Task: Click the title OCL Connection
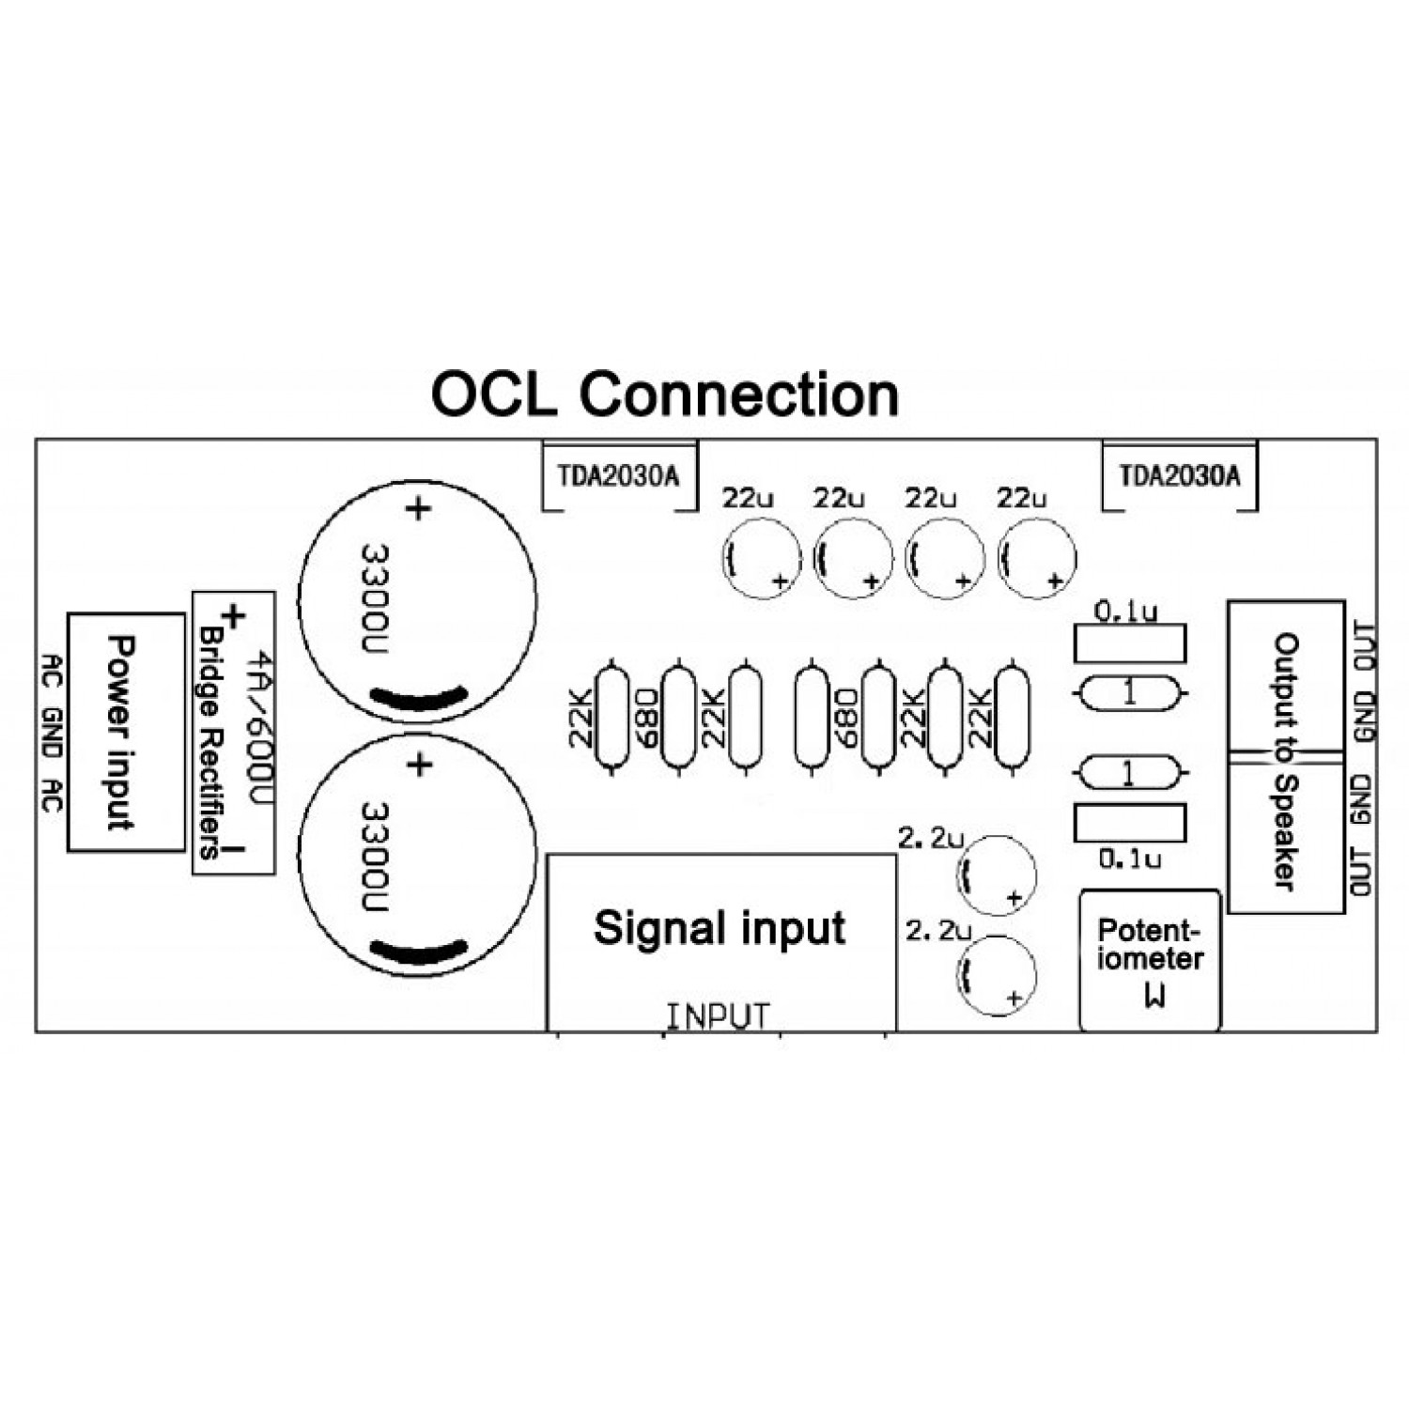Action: [664, 395]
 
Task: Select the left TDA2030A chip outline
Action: [619, 476]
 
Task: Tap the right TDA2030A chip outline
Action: [1180, 476]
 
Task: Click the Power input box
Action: [126, 733]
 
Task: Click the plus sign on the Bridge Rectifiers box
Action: [233, 616]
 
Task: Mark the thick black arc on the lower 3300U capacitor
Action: [418, 951]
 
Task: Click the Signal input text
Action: [720, 928]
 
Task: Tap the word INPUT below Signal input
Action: [719, 1016]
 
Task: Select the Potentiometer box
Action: [1150, 959]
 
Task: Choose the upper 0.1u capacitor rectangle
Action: [1129, 643]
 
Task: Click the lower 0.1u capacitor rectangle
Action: [1129, 823]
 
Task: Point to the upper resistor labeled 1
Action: [1129, 694]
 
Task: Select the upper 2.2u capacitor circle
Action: [996, 875]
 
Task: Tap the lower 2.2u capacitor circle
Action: [996, 975]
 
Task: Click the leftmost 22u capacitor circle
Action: [762, 559]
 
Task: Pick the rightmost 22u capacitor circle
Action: [1037, 559]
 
